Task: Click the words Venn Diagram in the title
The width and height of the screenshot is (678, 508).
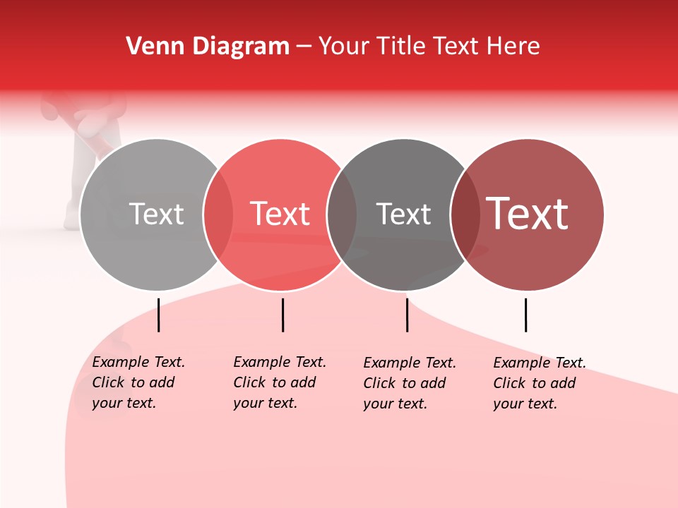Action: click(208, 47)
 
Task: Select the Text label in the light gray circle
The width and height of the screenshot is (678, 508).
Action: click(156, 214)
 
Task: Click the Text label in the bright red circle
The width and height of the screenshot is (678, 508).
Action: click(280, 214)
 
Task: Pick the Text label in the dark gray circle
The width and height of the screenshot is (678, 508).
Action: click(403, 214)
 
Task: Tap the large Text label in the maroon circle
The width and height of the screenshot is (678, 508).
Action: click(528, 214)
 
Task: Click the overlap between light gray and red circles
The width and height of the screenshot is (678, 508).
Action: click(218, 214)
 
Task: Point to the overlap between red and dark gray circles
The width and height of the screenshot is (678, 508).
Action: click(342, 214)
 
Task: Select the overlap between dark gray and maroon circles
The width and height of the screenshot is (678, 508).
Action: click(465, 214)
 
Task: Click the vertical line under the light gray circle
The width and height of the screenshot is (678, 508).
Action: click(159, 315)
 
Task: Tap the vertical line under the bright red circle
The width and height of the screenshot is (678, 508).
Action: click(282, 315)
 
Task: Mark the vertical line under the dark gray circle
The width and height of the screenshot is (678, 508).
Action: click(407, 315)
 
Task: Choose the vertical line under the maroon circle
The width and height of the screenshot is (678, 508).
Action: click(525, 315)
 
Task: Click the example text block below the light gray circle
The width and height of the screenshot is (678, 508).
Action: click(138, 382)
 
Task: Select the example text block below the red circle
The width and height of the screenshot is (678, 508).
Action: click(280, 382)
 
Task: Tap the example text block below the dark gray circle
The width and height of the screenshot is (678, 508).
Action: click(410, 383)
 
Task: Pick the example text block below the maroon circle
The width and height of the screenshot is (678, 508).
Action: click(540, 383)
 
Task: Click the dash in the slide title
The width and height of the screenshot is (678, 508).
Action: click(304, 47)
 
